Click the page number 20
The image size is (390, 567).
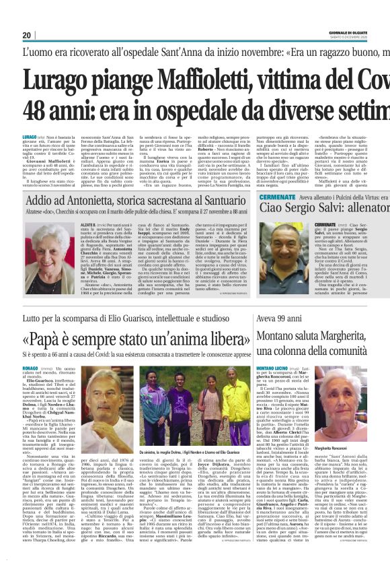click(x=27, y=35)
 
